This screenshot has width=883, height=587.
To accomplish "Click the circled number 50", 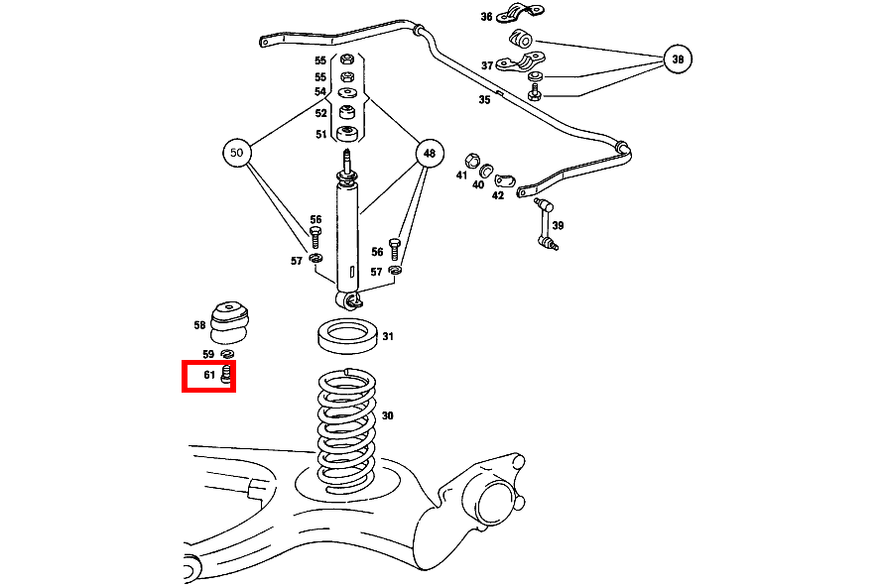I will coord(236,154).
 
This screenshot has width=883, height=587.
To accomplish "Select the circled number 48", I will coord(429,154).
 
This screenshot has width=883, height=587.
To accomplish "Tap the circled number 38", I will coord(678,59).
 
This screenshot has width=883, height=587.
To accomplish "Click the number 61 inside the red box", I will coord(209,376).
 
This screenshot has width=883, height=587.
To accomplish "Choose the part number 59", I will coord(208,354).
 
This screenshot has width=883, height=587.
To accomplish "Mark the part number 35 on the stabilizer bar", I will coord(484,100).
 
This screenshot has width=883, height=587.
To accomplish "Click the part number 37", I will coord(487,65).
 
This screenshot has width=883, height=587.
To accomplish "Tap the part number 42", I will coord(498,195).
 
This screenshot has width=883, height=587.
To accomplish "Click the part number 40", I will coord(478,184).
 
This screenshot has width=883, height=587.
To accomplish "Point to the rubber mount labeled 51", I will coord(347,134).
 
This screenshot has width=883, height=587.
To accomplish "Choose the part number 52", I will coord(320,113).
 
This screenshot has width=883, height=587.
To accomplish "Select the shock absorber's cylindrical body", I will coord(348,233).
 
